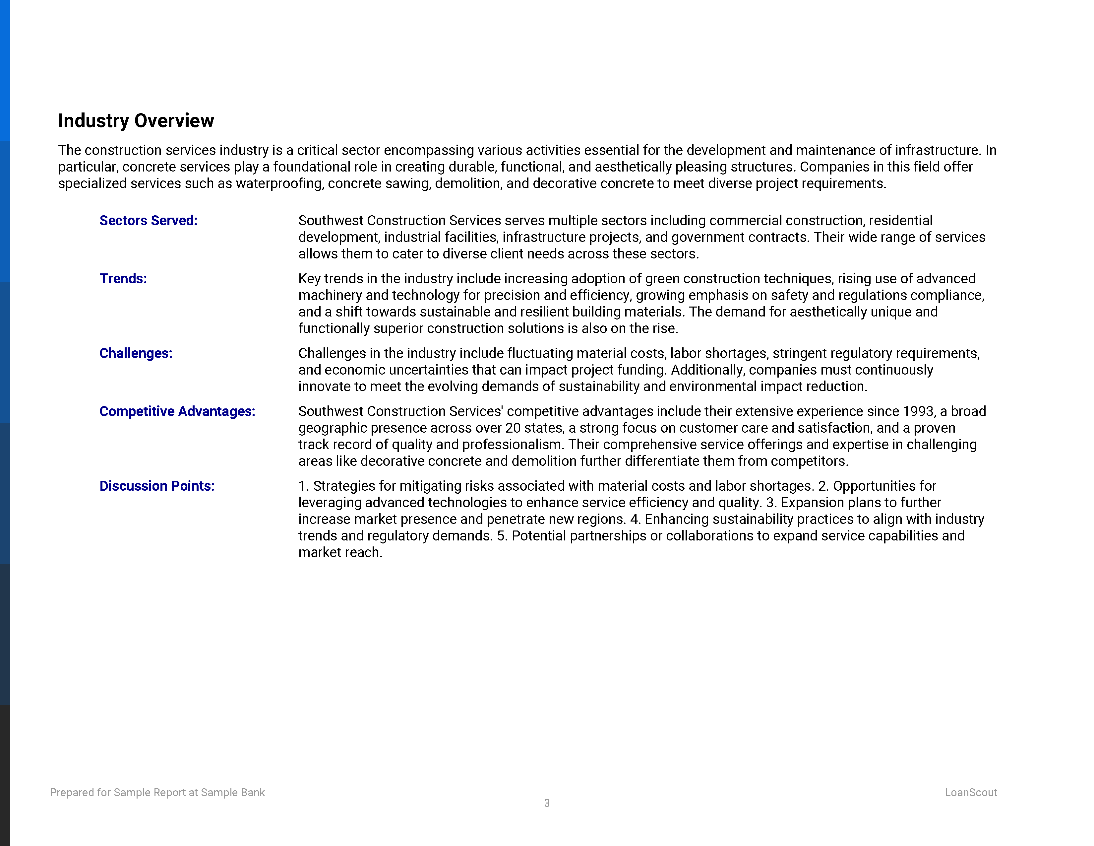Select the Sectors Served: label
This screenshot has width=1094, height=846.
[x=148, y=221]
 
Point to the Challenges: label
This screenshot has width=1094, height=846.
[x=136, y=353]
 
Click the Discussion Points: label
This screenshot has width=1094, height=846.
[x=157, y=486]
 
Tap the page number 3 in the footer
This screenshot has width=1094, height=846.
[x=547, y=803]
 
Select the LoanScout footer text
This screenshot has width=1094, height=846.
[x=971, y=792]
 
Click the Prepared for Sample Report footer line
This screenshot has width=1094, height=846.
[x=157, y=792]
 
